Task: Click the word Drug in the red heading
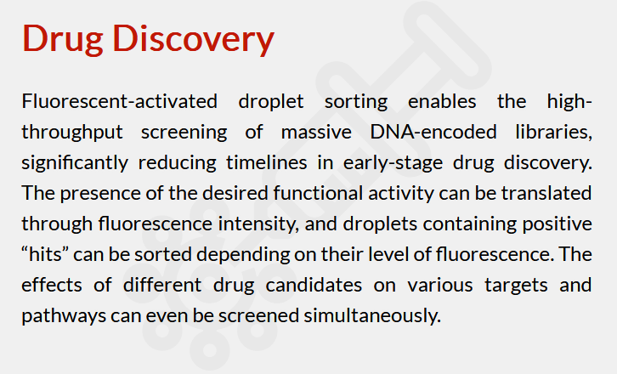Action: pyautogui.click(x=63, y=38)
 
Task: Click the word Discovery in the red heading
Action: pyautogui.click(x=193, y=38)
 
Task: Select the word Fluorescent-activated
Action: pyautogui.click(x=119, y=101)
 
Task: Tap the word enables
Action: pyautogui.click(x=442, y=101)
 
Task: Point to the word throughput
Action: pyautogui.click(x=72, y=133)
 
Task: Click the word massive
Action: pyautogui.click(x=316, y=132)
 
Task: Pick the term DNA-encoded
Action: pyautogui.click(x=433, y=132)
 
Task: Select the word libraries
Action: pyautogui.click(x=553, y=133)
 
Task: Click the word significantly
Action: pyautogui.click(x=75, y=163)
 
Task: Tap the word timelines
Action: pyautogui.click(x=266, y=162)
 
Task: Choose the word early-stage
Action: pyautogui.click(x=393, y=163)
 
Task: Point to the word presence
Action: pyautogui.click(x=100, y=194)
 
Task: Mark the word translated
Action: pyautogui.click(x=546, y=193)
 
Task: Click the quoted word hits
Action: pyautogui.click(x=45, y=254)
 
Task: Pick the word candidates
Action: pyautogui.click(x=314, y=286)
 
